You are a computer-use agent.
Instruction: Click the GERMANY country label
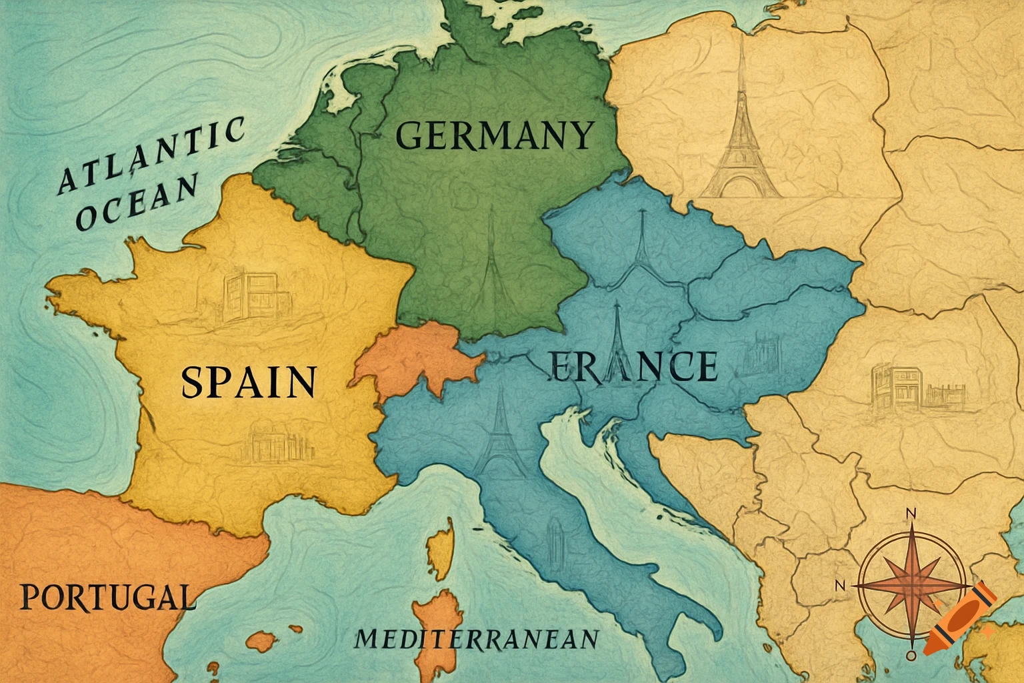[x=494, y=135]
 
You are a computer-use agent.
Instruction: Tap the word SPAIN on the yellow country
[x=248, y=382]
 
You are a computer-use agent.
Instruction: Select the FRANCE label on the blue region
[x=634, y=366]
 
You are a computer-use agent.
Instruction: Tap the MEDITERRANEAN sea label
[x=476, y=639]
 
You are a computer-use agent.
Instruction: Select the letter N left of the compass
[x=840, y=585]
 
